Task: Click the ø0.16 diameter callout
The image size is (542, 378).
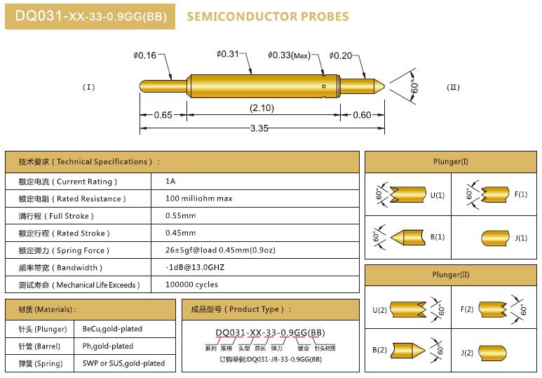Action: point(145,55)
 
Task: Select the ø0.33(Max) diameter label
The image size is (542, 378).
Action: point(290,55)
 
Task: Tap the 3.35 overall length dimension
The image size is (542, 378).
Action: point(259,128)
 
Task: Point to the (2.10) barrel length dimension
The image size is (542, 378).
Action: point(262,108)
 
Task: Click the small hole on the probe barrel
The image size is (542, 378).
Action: point(324,86)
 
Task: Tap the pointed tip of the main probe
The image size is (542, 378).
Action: point(384,86)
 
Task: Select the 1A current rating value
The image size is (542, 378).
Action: point(170,181)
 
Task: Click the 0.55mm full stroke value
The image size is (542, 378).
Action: point(180,216)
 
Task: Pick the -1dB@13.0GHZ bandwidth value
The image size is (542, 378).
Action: point(195,267)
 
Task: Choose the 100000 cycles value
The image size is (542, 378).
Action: point(192,285)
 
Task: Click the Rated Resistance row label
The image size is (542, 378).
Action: point(72,199)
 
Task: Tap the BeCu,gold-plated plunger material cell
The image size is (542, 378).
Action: point(112,329)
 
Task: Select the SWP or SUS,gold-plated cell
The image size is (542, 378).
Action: point(123,363)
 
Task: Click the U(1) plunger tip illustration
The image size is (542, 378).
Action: point(408,195)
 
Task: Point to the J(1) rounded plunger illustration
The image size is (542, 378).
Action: point(495,238)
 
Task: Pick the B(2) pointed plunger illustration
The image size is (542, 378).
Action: point(409,350)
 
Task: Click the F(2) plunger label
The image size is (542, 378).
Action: point(467,309)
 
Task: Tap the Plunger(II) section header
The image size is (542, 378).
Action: point(451,275)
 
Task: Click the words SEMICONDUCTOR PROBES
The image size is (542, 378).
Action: point(268,17)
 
